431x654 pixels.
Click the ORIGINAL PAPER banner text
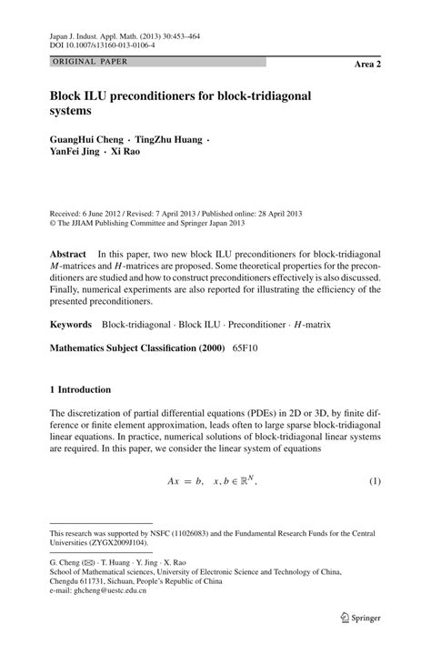click(x=89, y=62)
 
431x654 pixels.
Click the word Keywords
click(x=72, y=323)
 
